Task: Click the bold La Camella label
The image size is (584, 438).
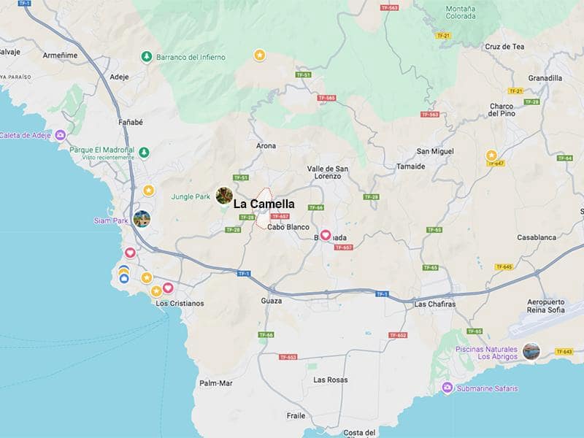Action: (x=264, y=204)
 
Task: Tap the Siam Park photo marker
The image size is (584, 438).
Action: (x=142, y=218)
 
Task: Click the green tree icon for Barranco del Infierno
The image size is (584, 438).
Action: (x=147, y=56)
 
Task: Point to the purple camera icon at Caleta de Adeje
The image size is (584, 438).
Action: (x=61, y=135)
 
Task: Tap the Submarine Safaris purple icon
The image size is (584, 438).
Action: (x=448, y=388)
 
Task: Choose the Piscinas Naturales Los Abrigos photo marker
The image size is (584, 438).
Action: (x=531, y=351)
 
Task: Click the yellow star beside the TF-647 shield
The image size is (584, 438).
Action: (x=491, y=155)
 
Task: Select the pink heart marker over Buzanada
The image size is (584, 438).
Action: (x=326, y=235)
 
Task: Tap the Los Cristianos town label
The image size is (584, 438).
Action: (x=180, y=303)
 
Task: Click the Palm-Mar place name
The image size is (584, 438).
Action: (x=215, y=383)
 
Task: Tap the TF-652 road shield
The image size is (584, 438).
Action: (x=398, y=335)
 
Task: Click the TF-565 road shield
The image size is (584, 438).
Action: (x=326, y=98)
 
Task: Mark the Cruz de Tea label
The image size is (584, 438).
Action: (x=504, y=47)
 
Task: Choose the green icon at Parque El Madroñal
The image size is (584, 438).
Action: (x=145, y=152)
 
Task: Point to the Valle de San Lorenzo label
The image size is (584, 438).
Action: (x=327, y=172)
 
